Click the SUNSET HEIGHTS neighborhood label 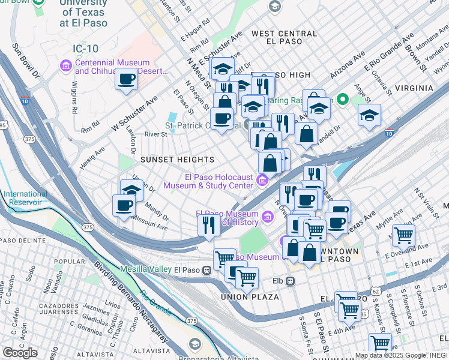point(177,160)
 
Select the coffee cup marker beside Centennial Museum point(127,80)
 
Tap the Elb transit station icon point(290,281)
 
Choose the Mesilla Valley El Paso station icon point(206,269)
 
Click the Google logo point(20,353)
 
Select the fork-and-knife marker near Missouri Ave point(209,226)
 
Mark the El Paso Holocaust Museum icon point(262,180)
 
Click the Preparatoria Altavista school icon point(195,344)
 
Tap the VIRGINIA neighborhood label point(409,88)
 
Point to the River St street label point(155,135)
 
